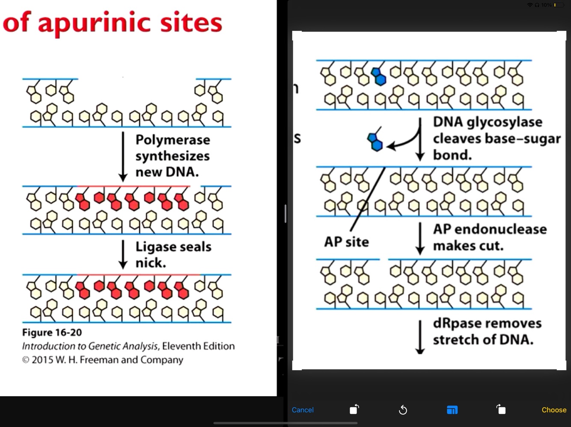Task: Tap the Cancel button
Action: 302,410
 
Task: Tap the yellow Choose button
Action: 554,410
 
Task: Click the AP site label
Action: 346,242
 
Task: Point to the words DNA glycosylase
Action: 488,122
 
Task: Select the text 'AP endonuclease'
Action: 490,230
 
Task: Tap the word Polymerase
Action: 172,140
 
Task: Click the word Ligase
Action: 155,247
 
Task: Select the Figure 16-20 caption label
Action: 52,333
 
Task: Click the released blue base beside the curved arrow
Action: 375,141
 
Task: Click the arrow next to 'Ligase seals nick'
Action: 123,255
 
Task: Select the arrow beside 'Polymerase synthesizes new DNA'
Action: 123,156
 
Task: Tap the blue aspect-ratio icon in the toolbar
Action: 452,410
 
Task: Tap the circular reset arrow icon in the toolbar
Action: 403,410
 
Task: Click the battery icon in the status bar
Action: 559,5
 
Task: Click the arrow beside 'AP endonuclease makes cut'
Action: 420,238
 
